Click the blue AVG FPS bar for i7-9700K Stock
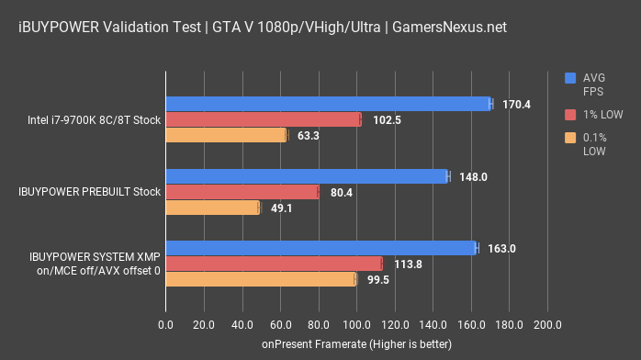click(x=328, y=104)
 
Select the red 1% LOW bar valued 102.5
click(x=263, y=119)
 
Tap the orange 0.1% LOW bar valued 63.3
click(x=226, y=136)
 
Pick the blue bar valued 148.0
click(x=307, y=175)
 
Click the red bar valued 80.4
click(x=242, y=192)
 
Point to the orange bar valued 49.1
click(x=212, y=208)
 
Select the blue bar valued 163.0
click(x=321, y=247)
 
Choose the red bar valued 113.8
click(x=274, y=264)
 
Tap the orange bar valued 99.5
click(x=260, y=279)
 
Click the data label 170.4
click(x=516, y=104)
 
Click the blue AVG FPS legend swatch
click(x=570, y=78)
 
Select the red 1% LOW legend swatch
click(x=570, y=114)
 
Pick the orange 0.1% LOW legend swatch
click(x=570, y=138)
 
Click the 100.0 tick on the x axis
click(x=356, y=324)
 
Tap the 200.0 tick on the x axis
click(x=547, y=324)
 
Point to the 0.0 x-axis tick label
click(x=166, y=324)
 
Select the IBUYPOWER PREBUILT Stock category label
click(x=90, y=192)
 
